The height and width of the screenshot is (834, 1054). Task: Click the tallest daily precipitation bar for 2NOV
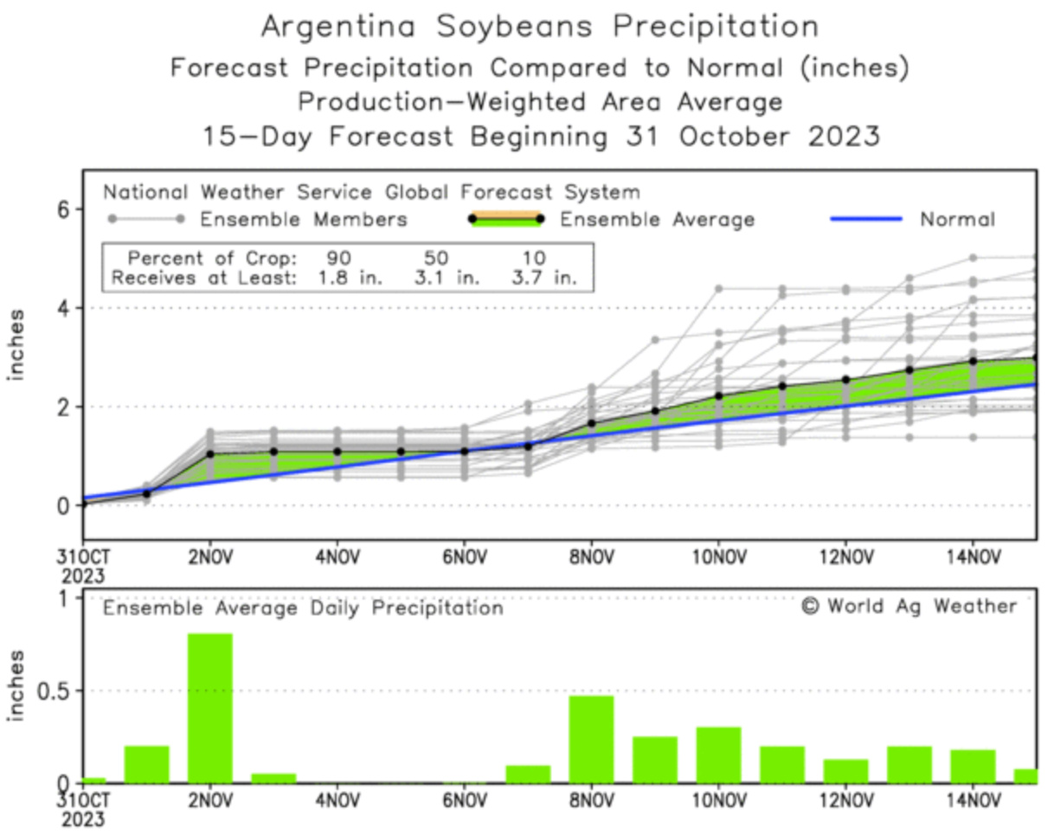210,708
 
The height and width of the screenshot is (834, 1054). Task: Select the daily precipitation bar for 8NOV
591,739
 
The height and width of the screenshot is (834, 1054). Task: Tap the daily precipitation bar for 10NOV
718,754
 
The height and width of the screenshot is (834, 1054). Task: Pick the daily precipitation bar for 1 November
147,764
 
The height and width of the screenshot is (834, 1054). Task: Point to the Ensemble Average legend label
657,220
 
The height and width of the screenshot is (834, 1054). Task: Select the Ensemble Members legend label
304,220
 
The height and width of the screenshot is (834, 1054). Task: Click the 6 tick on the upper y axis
64,209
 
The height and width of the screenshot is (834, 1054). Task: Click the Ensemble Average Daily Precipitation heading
303,608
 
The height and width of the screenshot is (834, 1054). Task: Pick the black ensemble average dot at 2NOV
210,453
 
